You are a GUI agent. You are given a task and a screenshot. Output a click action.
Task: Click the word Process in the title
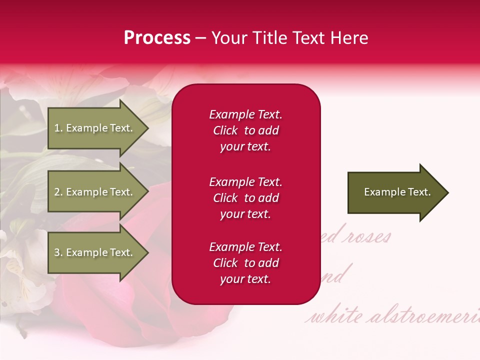157,37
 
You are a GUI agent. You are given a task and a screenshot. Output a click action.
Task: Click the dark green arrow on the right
395,192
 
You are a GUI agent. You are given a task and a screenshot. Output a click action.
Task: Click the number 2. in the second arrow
58,192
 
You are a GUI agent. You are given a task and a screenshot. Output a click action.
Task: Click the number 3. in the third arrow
58,252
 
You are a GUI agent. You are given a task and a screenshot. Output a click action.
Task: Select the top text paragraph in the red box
245,130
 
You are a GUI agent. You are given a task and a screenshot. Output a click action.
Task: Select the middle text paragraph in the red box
245,198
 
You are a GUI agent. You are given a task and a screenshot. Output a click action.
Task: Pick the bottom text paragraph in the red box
245,263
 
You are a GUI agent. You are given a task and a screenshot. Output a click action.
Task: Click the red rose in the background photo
125,280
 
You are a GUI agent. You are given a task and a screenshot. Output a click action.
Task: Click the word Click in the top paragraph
225,130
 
